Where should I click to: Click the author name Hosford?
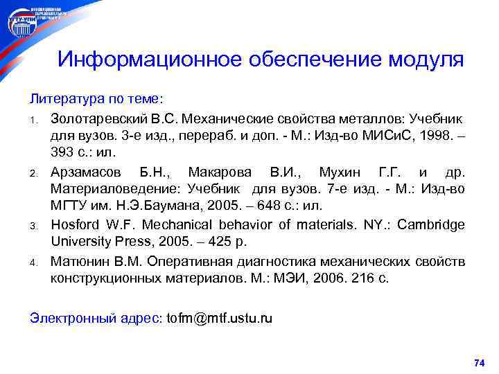pyautogui.click(x=76, y=224)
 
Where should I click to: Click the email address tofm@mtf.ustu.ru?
pyautogui.click(x=220, y=318)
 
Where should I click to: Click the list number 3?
pyautogui.click(x=33, y=225)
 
